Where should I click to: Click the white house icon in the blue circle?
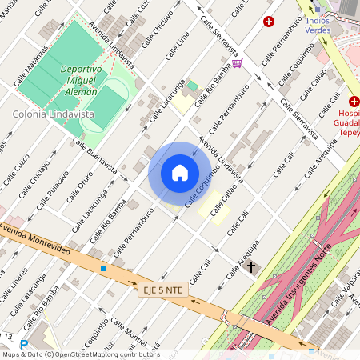tap(180, 173)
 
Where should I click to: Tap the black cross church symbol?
tap(251, 266)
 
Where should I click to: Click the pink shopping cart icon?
tap(236, 63)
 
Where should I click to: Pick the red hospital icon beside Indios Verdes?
tap(269, 21)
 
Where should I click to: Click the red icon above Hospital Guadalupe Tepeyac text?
tap(354, 101)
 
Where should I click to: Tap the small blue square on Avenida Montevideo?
tap(102, 269)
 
